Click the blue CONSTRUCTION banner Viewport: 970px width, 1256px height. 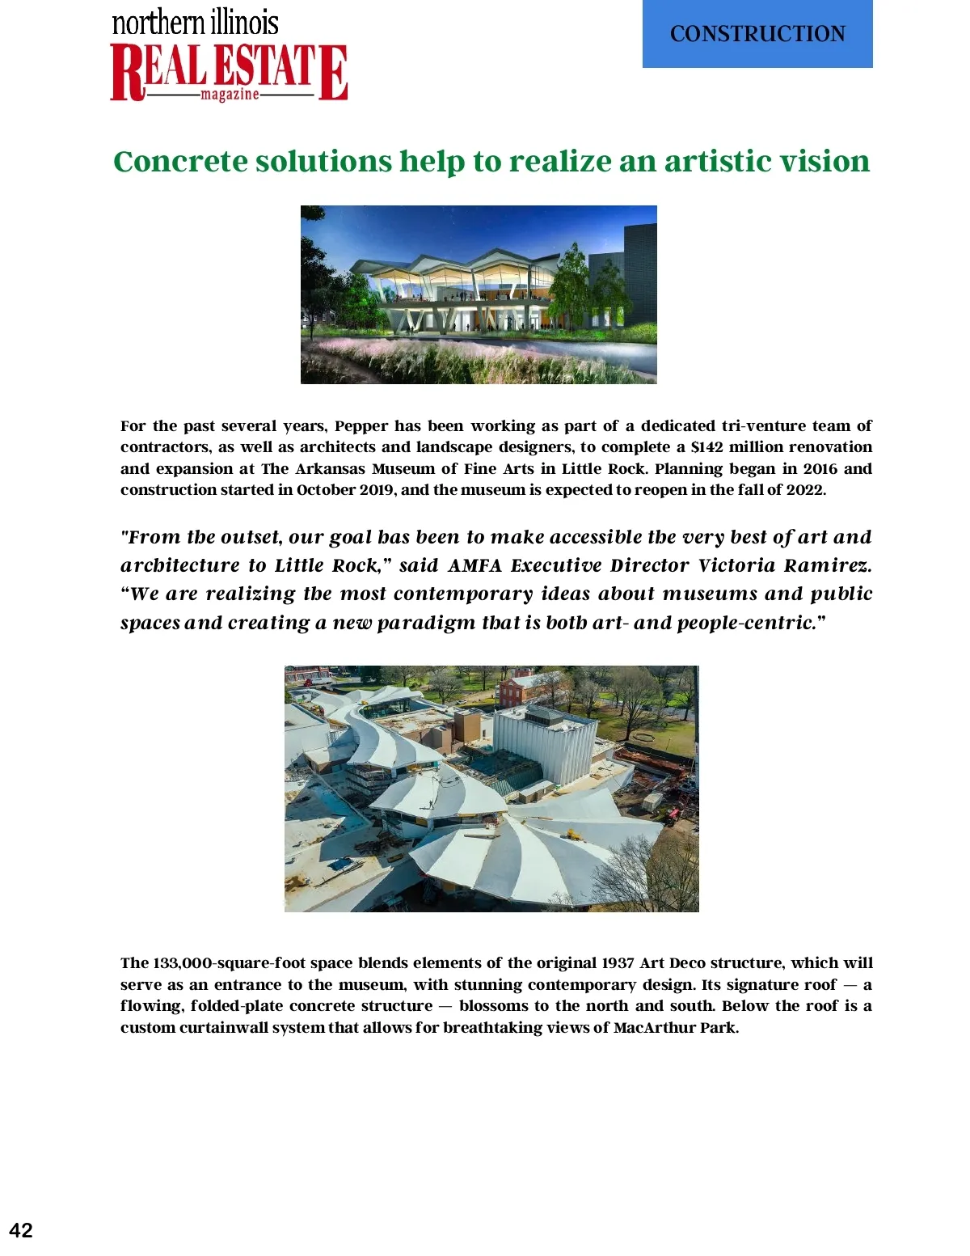(757, 34)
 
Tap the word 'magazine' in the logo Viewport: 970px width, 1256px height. (230, 95)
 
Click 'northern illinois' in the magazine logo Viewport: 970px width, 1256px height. (195, 23)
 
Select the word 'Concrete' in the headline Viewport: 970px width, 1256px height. (180, 162)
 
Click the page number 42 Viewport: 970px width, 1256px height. (21, 1230)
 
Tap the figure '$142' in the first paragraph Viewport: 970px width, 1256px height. (706, 447)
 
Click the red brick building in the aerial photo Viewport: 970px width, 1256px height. (521, 691)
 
